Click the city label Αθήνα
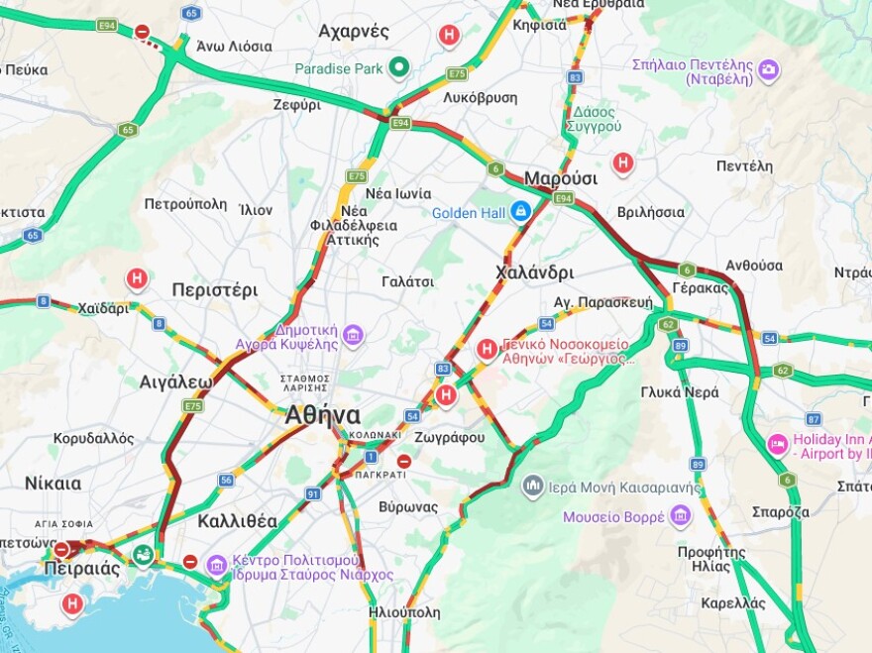tap(322, 415)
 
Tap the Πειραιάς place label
tap(82, 569)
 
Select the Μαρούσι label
tap(561, 178)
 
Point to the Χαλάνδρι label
tap(534, 272)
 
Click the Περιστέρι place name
tap(214, 290)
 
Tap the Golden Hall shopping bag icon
tap(520, 211)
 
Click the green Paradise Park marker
tap(398, 67)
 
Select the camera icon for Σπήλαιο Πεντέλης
tap(768, 70)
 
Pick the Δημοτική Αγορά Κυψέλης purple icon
tap(353, 336)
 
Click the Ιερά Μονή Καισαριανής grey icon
tap(533, 486)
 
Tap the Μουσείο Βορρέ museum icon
tap(680, 516)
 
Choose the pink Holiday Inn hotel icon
tap(777, 441)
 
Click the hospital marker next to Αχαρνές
tap(449, 36)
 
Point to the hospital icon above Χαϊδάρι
tap(137, 279)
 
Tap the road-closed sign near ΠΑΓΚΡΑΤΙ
tap(403, 461)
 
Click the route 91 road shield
tap(313, 493)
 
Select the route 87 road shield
tap(814, 419)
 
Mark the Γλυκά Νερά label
tap(679, 391)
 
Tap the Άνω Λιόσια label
tap(235, 46)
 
